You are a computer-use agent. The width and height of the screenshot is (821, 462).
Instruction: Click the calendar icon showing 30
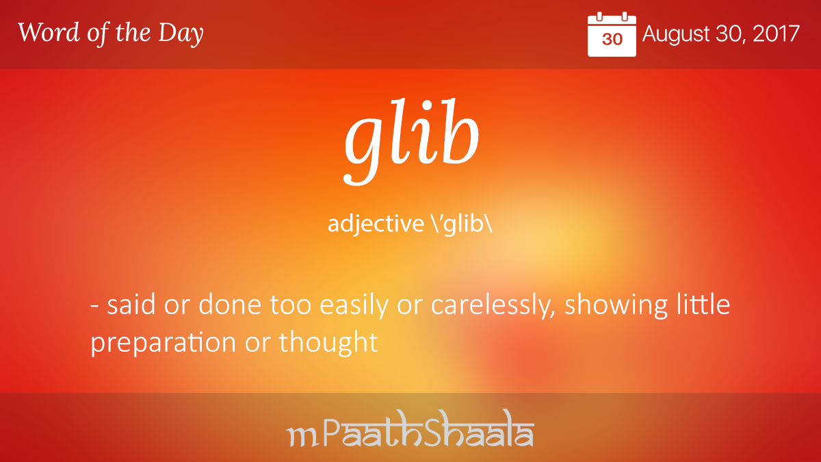pos(612,34)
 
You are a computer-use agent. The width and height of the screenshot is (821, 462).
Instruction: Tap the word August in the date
pos(676,35)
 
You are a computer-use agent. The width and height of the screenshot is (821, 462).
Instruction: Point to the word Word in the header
pos(49,32)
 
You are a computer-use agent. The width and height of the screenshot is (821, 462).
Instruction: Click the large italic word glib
pos(411,141)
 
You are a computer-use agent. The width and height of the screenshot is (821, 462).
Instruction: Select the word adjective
pos(376,224)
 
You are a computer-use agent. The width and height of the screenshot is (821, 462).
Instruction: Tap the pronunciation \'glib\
pos(462,224)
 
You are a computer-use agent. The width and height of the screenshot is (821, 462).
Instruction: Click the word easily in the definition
pos(354,305)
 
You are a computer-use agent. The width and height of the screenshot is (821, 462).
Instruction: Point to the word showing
pos(616,305)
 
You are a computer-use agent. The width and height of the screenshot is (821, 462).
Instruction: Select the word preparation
pos(163,343)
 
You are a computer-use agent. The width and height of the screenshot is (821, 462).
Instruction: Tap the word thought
pos(328,342)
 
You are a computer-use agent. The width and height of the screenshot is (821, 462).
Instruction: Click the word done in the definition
pos(229,305)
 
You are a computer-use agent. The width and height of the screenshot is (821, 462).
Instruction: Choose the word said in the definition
pos(131,305)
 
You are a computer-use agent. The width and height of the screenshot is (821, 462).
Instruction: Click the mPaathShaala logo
pos(410,428)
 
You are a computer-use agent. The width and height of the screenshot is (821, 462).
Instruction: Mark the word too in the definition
pos(290,305)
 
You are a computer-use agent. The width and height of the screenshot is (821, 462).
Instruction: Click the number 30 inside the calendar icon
pos(612,39)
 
